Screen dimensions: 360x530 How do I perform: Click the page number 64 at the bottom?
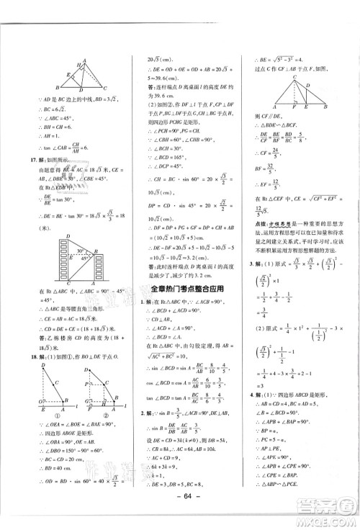[180, 511]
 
